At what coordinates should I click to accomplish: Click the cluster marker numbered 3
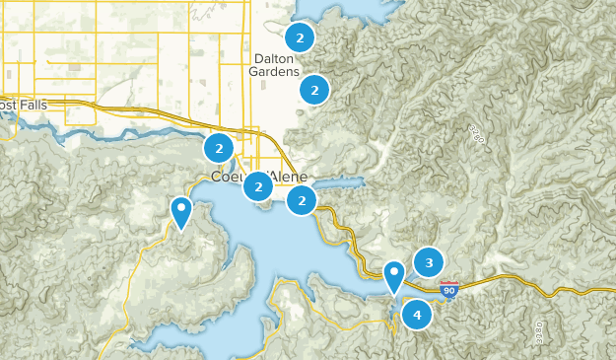tap(429, 262)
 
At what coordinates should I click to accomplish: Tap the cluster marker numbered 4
tap(417, 316)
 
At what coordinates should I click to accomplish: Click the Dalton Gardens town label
tap(272, 65)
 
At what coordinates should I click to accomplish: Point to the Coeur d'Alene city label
tap(259, 177)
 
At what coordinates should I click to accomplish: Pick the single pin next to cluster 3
tap(394, 275)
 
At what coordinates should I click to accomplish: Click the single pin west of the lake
tap(181, 210)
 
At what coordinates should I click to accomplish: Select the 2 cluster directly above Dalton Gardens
tap(300, 38)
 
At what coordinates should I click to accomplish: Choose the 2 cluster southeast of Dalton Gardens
tap(314, 90)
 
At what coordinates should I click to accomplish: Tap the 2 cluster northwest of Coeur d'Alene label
tap(218, 149)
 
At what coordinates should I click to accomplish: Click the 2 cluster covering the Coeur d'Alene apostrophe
tap(258, 185)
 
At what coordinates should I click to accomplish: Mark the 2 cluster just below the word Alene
tap(302, 201)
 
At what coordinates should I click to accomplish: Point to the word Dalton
tap(272, 58)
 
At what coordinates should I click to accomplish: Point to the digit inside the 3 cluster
tap(429, 262)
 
